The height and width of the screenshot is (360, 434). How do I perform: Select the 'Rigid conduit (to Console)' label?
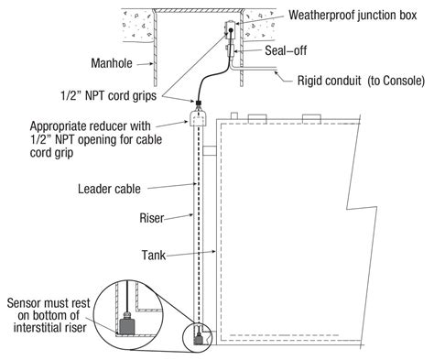[361, 81]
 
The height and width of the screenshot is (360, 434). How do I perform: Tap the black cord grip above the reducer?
[197, 104]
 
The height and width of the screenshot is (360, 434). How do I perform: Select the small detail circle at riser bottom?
[201, 335]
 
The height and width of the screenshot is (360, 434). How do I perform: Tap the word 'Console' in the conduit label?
[403, 81]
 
